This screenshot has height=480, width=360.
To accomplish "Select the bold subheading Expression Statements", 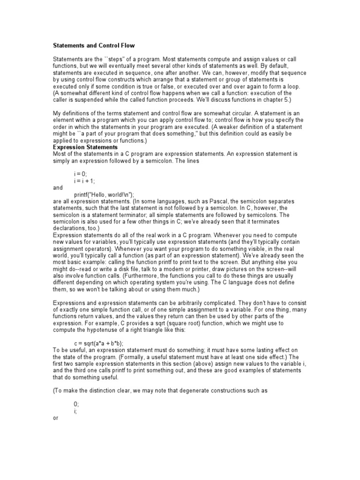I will coord(85,147).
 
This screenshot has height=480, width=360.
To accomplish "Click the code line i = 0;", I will coord(81,173).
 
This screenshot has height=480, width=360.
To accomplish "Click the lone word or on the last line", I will coord(55,417).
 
